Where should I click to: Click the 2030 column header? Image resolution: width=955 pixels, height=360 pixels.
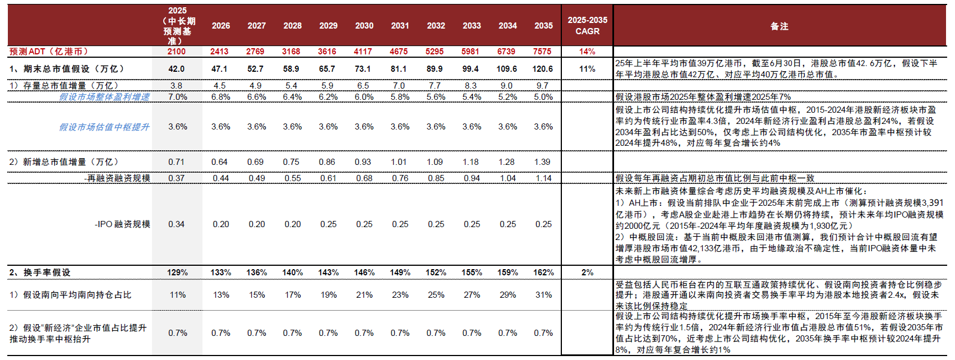pos(364,26)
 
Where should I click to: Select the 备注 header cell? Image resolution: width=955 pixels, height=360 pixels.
pos(779,26)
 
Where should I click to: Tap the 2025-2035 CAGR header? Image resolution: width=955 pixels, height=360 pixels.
pos(587,26)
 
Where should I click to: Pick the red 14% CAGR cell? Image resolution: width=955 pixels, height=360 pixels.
pos(587,52)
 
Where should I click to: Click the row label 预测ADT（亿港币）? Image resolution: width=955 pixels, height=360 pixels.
pos(49,52)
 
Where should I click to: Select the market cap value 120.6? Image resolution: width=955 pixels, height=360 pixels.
pos(542,69)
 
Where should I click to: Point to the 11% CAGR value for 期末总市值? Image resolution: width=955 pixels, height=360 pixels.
pos(587,69)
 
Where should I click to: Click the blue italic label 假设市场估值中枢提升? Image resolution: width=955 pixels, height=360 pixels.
pos(104,127)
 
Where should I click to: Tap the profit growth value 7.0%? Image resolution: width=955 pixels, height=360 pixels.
pos(178,97)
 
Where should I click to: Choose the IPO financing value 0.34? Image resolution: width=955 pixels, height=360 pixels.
pos(176,224)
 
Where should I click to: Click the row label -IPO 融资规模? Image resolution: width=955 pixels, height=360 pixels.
pos(122,224)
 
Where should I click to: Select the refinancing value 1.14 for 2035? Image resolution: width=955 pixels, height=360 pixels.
pos(543,178)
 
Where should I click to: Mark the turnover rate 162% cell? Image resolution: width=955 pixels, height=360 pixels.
pos(543,273)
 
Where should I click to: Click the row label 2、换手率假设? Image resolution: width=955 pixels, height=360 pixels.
pos(40,273)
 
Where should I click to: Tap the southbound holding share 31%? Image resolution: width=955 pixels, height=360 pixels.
pos(543,295)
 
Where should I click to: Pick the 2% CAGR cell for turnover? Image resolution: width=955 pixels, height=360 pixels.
pos(587,273)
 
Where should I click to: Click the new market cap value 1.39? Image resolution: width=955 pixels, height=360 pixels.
pos(542,162)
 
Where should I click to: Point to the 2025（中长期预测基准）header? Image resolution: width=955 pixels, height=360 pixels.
pos(178,26)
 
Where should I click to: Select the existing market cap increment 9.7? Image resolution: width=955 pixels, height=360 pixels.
pos(542,86)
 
